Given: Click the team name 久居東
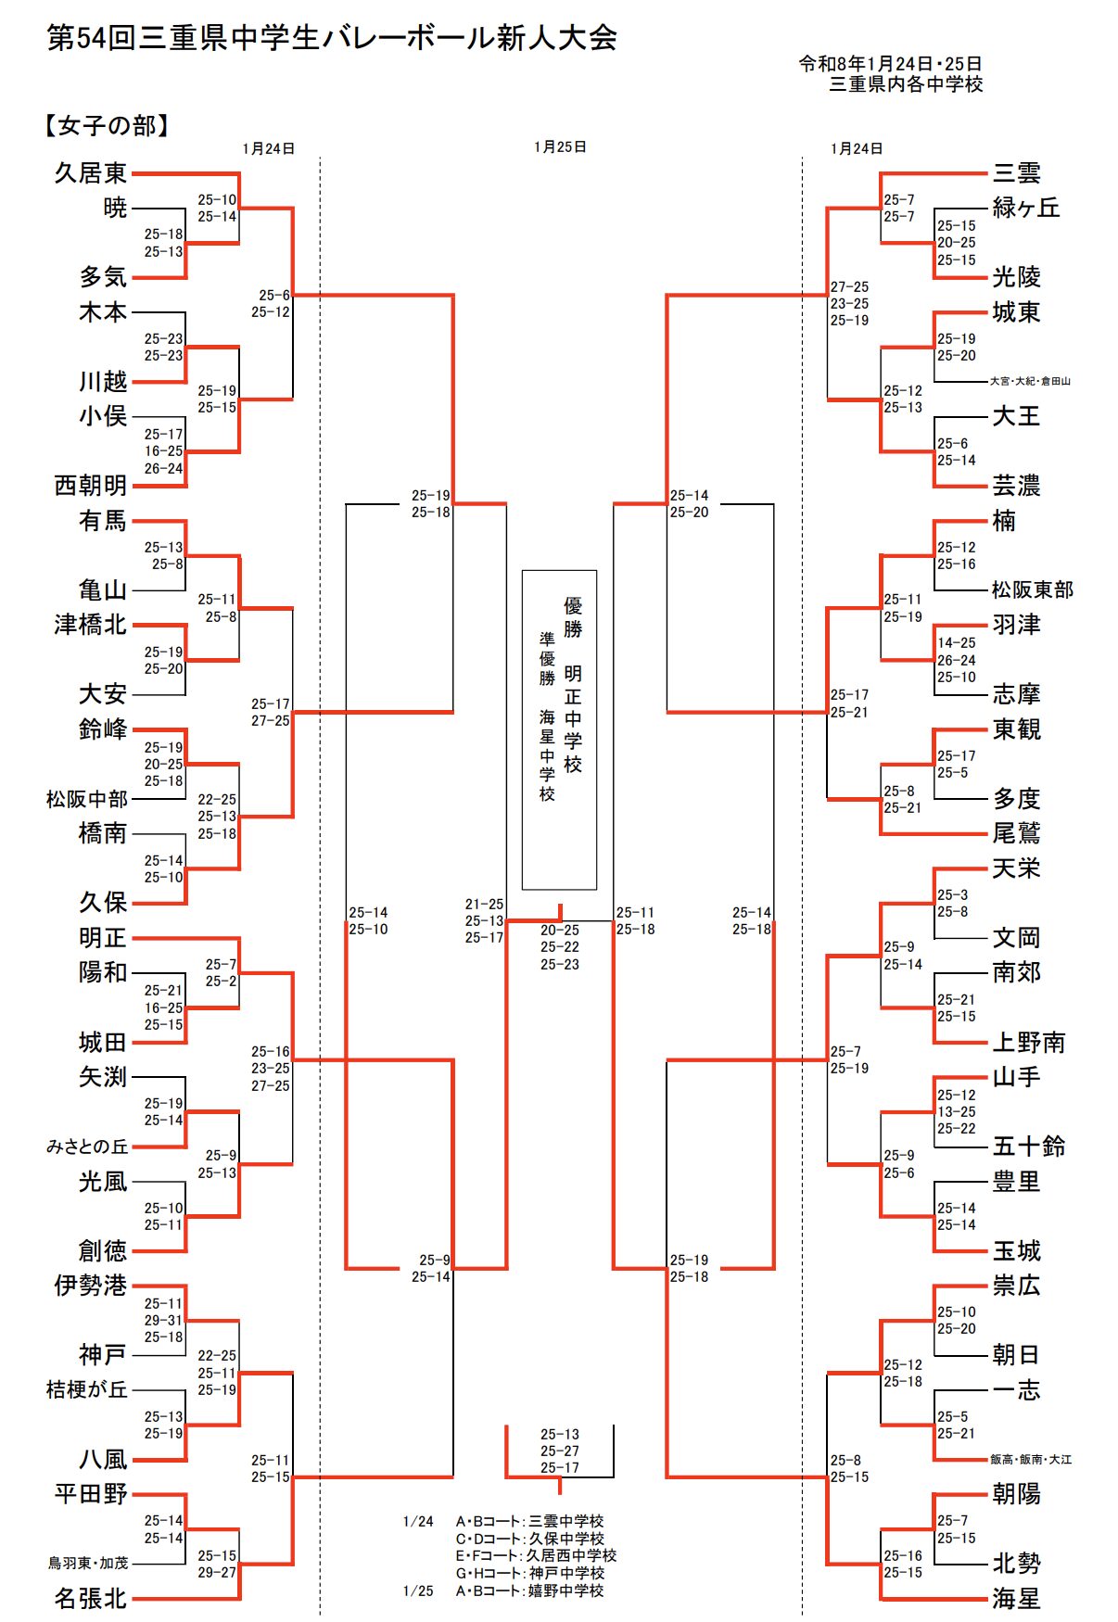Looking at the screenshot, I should tap(90, 173).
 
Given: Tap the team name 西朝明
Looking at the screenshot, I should tap(90, 486).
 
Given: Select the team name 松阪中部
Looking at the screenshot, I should tap(87, 799).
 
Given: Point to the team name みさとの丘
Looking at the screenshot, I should tap(87, 1147).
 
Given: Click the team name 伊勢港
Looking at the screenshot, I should tap(90, 1286).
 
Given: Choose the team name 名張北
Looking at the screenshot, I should tap(90, 1599).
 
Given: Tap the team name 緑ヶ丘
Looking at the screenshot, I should tap(1026, 208).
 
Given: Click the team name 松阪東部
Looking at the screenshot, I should tap(1033, 589).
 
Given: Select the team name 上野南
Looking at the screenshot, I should tap(1029, 1043).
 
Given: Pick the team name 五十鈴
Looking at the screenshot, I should tap(1029, 1147).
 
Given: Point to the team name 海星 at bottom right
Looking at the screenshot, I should tap(1017, 1599).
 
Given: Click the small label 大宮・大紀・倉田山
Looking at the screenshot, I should tap(1030, 381).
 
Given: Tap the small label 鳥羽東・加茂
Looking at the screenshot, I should tap(88, 1564).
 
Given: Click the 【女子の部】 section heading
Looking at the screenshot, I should tap(106, 126).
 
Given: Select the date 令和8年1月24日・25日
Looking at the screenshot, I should tap(890, 64).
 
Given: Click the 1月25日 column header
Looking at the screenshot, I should tap(560, 147).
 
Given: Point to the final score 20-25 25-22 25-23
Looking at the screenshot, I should tap(560, 947).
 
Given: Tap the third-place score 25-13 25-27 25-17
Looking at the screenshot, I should tap(560, 1451).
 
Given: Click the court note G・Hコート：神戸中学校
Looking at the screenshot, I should tap(529, 1573).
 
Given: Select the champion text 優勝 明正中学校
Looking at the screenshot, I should tap(573, 686).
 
